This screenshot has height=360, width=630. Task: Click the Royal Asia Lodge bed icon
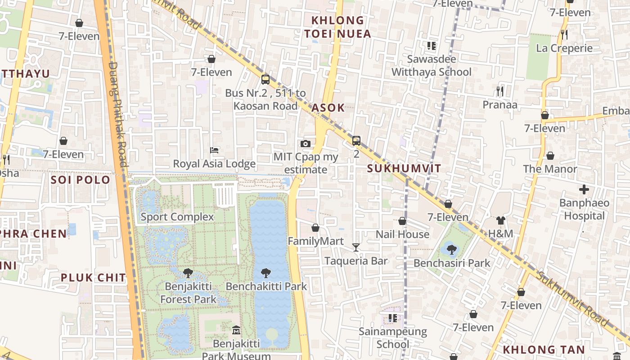point(215,150)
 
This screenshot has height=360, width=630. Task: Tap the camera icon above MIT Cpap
point(306,144)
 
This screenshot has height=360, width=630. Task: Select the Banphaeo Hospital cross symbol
point(584,189)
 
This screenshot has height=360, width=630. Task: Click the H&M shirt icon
point(501,220)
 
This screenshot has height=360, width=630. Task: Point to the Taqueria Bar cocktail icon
point(356,247)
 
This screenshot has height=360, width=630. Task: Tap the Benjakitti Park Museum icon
point(236,331)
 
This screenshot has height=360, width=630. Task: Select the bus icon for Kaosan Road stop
point(265,80)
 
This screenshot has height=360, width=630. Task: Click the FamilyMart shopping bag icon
point(315,228)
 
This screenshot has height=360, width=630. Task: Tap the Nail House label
point(402,234)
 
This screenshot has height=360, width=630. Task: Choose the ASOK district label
point(328,108)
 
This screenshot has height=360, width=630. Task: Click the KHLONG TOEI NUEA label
point(337,27)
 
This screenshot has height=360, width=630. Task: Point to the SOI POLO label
point(81,180)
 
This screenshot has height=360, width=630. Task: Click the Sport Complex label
point(177,217)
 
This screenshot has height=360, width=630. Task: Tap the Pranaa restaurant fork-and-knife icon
point(500,91)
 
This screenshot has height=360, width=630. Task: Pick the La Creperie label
point(564,48)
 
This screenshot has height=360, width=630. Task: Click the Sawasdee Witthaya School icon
point(432,45)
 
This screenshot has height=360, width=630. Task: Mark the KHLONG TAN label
point(544,350)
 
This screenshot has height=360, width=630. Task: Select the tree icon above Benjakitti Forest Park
point(188,273)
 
